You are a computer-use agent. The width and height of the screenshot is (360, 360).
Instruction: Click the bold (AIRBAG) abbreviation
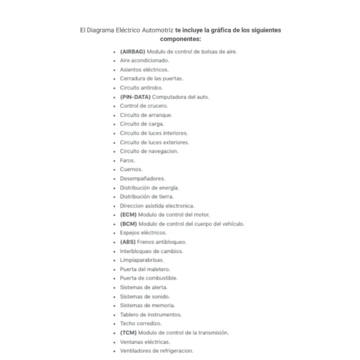[133, 52]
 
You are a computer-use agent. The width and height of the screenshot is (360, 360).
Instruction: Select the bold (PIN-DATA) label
[135, 97]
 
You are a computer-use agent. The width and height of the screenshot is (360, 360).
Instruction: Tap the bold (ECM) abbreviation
[128, 214]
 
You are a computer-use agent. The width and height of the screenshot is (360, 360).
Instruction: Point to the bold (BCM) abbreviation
[128, 224]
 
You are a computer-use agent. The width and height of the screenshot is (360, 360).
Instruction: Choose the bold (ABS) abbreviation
[128, 242]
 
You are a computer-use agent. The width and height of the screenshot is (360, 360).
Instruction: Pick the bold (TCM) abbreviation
[128, 332]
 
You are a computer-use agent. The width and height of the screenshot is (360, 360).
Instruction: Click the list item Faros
[127, 160]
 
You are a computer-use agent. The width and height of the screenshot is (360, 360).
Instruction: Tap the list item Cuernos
[131, 169]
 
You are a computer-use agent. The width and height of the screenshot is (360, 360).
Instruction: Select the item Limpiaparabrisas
[143, 260]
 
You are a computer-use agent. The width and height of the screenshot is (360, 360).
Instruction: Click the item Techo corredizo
[140, 323]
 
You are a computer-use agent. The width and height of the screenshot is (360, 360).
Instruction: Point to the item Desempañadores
[142, 178]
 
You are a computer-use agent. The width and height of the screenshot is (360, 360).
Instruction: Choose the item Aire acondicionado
[145, 61]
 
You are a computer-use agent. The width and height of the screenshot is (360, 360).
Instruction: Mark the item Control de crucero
[143, 106]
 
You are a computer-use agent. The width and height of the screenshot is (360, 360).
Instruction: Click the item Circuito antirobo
[141, 88]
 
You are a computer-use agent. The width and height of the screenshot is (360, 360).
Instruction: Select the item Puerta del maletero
[145, 269]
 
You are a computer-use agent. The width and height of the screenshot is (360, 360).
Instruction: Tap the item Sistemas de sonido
[145, 296]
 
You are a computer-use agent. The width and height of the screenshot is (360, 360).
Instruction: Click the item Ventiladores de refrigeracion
[156, 350]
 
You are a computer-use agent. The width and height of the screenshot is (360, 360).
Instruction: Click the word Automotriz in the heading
[154, 29]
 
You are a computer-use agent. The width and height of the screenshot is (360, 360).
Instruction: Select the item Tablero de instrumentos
[150, 314]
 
